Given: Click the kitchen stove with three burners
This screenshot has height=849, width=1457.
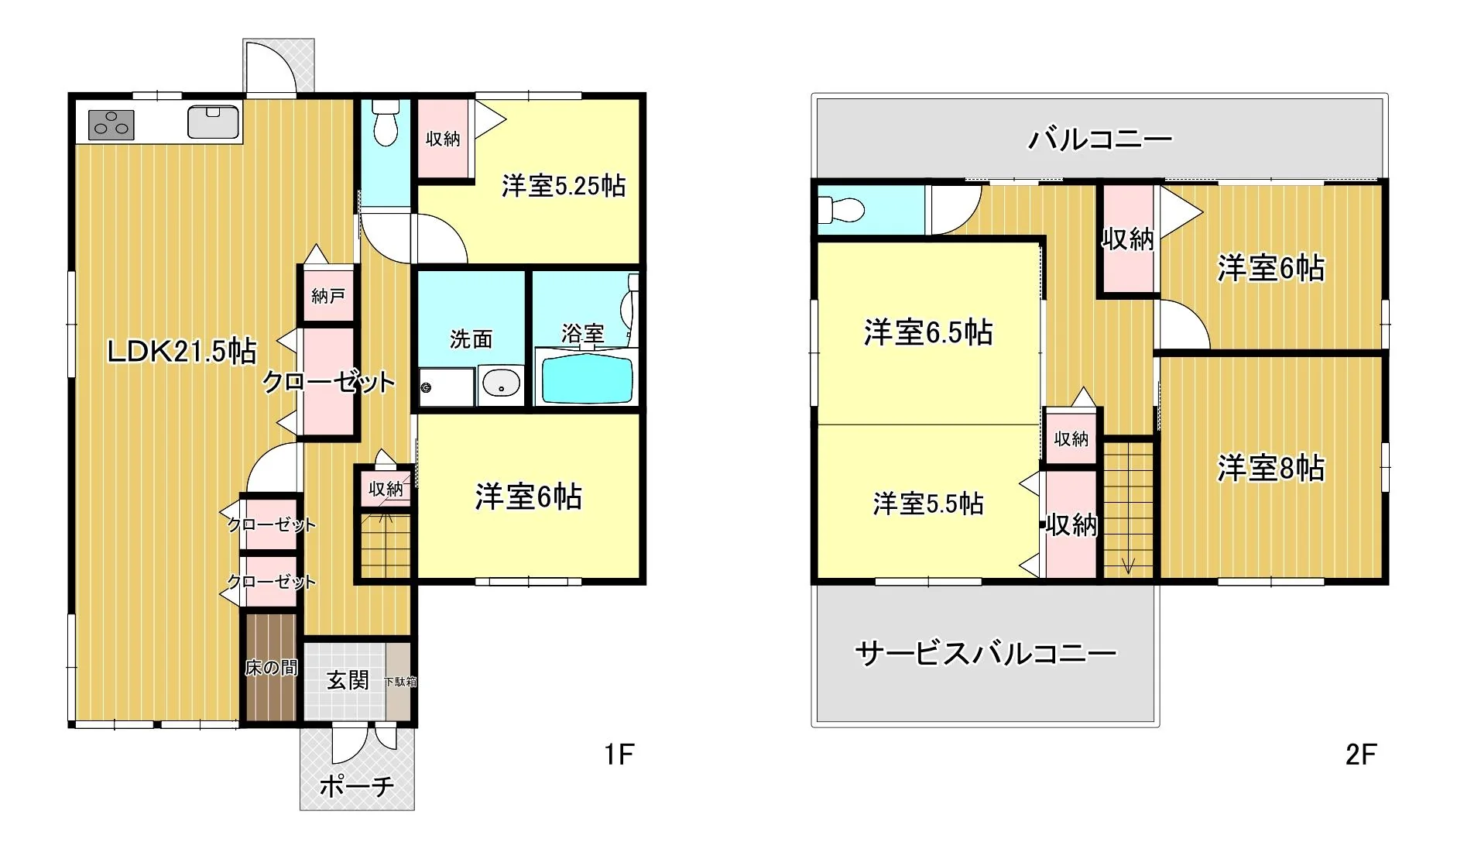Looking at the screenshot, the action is [x=111, y=124].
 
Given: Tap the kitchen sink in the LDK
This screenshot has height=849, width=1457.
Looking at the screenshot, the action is [x=213, y=122].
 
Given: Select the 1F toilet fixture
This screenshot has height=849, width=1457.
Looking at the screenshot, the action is [x=386, y=122].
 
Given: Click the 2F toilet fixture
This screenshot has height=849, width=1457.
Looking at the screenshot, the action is [x=842, y=209].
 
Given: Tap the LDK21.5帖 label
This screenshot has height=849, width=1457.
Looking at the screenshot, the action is [x=181, y=352].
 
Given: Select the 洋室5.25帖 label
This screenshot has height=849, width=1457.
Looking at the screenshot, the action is [x=564, y=186].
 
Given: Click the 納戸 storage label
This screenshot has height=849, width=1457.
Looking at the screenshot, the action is [x=328, y=295].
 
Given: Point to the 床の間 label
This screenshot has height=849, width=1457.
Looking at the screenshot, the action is [x=271, y=667].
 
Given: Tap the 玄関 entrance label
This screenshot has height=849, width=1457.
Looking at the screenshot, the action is [x=348, y=680].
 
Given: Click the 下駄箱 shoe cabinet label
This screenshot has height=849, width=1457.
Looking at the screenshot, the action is [x=400, y=682].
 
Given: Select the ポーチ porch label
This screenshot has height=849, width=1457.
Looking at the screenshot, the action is [x=357, y=786].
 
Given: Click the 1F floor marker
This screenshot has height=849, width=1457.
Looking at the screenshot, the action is [x=619, y=754].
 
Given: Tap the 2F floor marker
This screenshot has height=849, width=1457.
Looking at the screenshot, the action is [x=1361, y=754].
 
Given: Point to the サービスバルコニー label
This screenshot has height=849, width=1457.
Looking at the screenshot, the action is [x=986, y=654].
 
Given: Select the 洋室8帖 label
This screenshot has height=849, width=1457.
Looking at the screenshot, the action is [x=1271, y=469].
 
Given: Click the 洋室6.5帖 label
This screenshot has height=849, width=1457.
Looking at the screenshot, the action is [x=928, y=332].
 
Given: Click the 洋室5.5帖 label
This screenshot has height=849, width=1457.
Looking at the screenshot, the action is [x=928, y=504].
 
